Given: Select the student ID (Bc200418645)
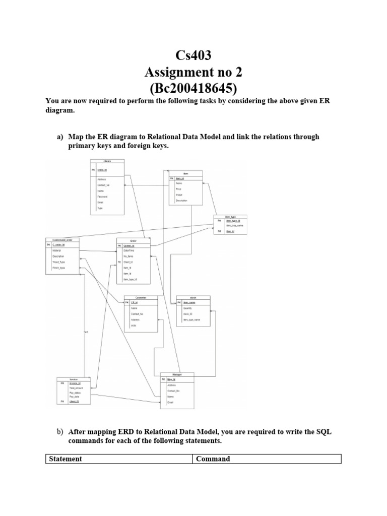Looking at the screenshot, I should point(193,89).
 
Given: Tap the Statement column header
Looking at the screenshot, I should point(64,459).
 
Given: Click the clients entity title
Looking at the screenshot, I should point(107,161).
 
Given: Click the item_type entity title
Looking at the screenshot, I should point(230,217).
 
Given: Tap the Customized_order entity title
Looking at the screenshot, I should point(62,240).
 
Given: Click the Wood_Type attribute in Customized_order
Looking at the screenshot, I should point(59,262).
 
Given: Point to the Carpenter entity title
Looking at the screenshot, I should point(141,297).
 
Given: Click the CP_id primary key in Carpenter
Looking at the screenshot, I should point(135,302).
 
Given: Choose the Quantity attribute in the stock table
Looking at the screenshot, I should point(188,308).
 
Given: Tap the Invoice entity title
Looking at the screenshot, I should point(73,378).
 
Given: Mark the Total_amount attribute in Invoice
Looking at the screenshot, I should point(76,388).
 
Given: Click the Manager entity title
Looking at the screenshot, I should point(177,374).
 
